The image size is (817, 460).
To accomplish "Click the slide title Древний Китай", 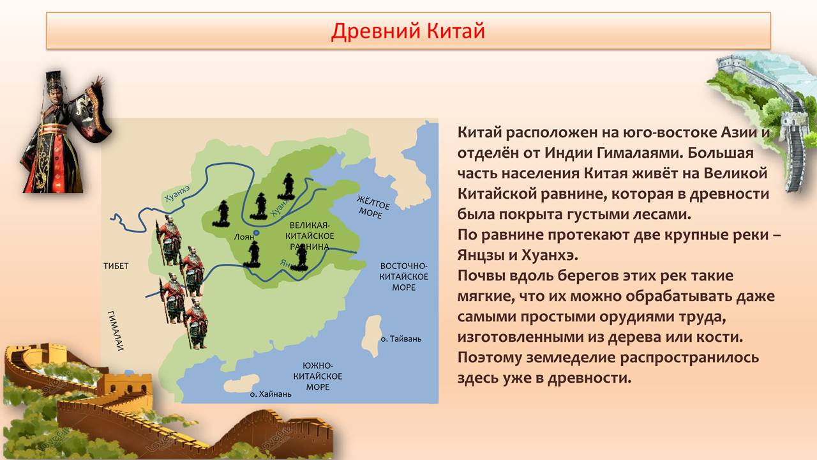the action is pyautogui.click(x=408, y=31).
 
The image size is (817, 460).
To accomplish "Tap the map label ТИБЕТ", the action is pyautogui.click(x=116, y=266).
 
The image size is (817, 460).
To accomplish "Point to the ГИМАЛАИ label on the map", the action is pyautogui.click(x=116, y=330).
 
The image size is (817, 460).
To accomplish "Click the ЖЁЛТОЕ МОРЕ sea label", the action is pyautogui.click(x=373, y=207).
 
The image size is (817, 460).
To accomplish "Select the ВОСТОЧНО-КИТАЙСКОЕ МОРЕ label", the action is pyautogui.click(x=403, y=277).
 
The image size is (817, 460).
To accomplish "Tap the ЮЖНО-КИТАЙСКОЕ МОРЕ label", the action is pyautogui.click(x=318, y=376).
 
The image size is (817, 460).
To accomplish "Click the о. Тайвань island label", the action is pyautogui.click(x=401, y=339).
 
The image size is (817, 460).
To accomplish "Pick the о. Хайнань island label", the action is pyautogui.click(x=271, y=394).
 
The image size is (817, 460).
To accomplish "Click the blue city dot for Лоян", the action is pyautogui.click(x=257, y=233).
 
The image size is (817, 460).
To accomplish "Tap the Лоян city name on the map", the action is pyautogui.click(x=244, y=237).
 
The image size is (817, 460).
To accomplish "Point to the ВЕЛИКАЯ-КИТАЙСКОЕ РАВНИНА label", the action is pyautogui.click(x=310, y=236).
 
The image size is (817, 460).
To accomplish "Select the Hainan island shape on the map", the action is pyautogui.click(x=241, y=383).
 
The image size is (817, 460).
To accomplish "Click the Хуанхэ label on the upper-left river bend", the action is pyautogui.click(x=177, y=194).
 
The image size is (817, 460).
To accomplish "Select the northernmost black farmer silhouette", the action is pyautogui.click(x=289, y=185).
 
